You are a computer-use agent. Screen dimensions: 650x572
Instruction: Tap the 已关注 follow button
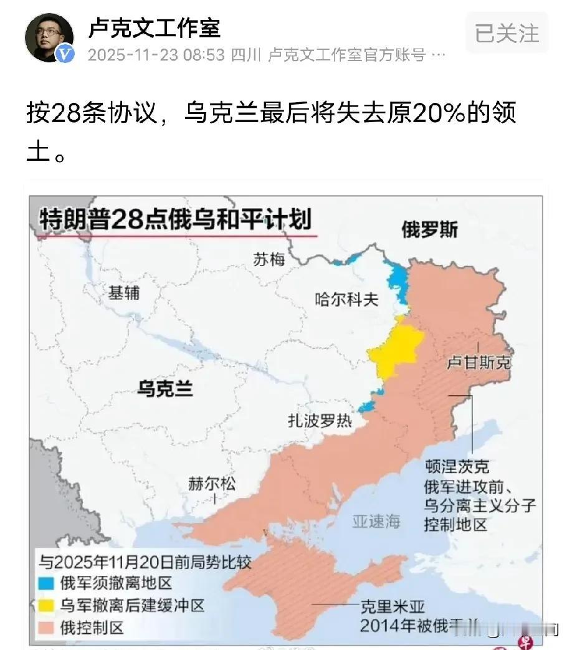click(x=507, y=32)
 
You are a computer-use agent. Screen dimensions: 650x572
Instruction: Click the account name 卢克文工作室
click(x=154, y=28)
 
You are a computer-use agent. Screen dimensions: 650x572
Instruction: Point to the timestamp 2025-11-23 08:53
click(x=156, y=55)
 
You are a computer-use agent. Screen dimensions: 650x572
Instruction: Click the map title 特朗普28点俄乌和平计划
click(x=175, y=220)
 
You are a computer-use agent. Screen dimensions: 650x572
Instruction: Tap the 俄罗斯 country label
click(x=429, y=229)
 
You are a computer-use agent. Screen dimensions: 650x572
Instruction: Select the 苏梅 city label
click(x=269, y=259)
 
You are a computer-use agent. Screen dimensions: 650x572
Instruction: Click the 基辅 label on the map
click(x=124, y=292)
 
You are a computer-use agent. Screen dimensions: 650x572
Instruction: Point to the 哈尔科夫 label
click(x=346, y=299)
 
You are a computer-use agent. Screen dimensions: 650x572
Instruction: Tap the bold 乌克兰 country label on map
click(x=164, y=390)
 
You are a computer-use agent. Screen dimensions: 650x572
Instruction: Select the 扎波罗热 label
click(x=320, y=421)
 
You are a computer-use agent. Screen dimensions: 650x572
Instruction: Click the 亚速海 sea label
click(x=376, y=522)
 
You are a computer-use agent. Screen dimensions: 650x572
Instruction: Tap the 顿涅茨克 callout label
click(x=457, y=466)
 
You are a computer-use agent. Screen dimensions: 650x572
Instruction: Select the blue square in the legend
click(x=47, y=583)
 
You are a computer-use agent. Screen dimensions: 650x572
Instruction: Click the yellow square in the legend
click(x=47, y=605)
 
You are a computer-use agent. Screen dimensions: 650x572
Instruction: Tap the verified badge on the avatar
click(x=65, y=54)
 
